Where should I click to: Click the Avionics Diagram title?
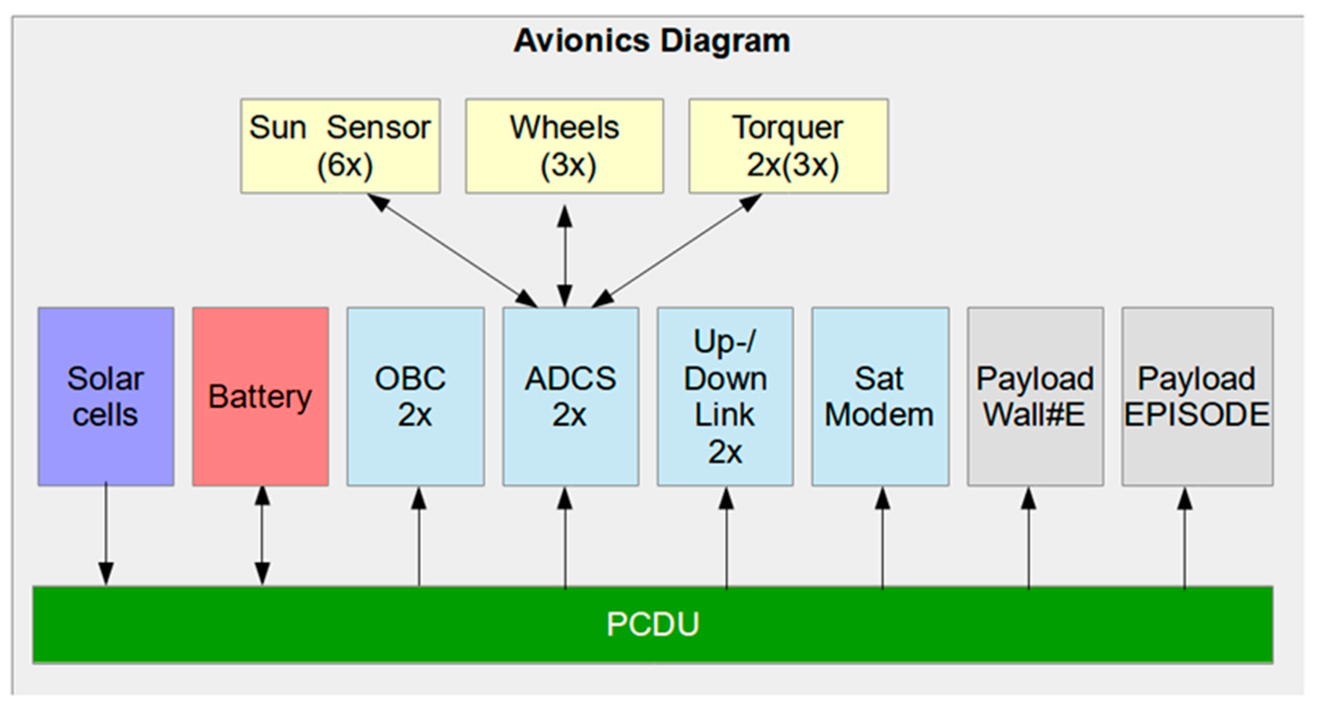coord(652,41)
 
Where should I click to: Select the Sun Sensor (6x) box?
coord(340,146)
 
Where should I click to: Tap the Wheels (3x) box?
coord(564,146)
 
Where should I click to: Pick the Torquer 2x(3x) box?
coord(788,146)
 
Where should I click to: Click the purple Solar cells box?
coord(106,396)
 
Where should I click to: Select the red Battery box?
coord(260,396)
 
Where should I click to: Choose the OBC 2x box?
coord(415,396)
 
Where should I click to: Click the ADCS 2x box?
coord(571,396)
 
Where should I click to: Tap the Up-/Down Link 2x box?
coord(725,396)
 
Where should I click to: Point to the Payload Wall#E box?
coord(1035,396)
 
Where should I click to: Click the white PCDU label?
coord(653,624)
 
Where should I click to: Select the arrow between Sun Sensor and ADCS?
coord(452,250)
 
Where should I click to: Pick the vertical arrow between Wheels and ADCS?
coord(564,256)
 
